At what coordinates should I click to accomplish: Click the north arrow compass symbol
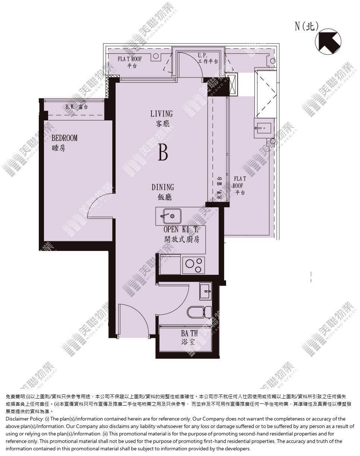(x=328, y=41)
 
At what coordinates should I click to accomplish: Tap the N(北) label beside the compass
(x=307, y=26)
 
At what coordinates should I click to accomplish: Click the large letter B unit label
(x=163, y=152)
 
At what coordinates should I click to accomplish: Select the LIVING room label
(x=162, y=114)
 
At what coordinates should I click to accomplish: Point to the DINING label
(x=163, y=187)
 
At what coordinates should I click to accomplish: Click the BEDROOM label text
(x=65, y=138)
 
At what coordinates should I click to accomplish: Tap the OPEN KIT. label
(x=181, y=229)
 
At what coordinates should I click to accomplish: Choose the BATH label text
(x=190, y=333)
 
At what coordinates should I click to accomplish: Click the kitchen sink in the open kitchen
(x=172, y=216)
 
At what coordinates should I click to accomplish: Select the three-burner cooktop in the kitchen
(x=193, y=265)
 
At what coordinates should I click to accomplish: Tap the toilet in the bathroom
(x=199, y=312)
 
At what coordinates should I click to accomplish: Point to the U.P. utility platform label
(x=202, y=56)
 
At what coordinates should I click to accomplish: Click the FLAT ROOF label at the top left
(x=129, y=59)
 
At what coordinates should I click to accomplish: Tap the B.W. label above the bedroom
(x=70, y=107)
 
